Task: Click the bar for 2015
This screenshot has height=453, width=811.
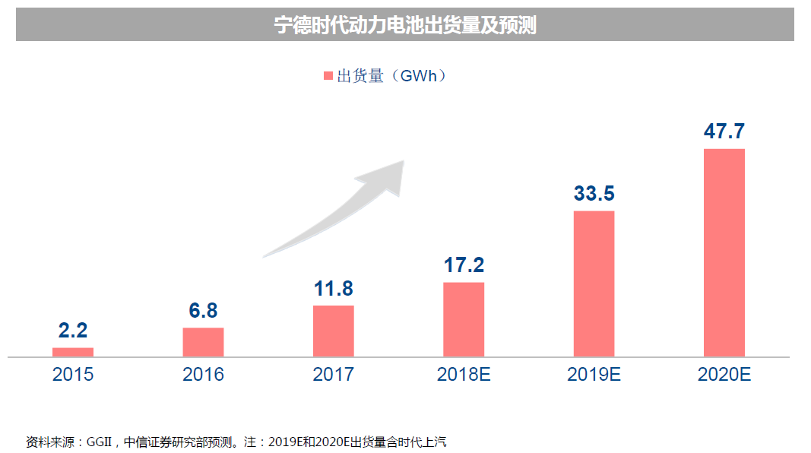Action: (x=73, y=352)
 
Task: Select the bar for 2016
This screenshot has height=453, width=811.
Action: (x=203, y=342)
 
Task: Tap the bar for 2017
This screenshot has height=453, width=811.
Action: (x=333, y=331)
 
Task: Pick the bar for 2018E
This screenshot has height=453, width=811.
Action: (x=464, y=319)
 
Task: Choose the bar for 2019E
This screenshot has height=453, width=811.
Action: (x=594, y=284)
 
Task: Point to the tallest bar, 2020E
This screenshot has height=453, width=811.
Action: (x=724, y=252)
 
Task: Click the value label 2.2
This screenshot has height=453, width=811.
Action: (x=73, y=331)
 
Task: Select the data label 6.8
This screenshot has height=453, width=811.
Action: (x=203, y=310)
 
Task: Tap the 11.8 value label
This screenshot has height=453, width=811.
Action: (x=333, y=289)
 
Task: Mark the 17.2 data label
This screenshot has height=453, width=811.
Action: (x=464, y=265)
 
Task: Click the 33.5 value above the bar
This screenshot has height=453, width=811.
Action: (x=594, y=194)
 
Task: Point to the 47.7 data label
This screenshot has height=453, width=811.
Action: (x=724, y=131)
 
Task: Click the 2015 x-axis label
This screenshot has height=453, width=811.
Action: (x=73, y=375)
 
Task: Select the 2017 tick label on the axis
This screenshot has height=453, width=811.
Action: (x=333, y=375)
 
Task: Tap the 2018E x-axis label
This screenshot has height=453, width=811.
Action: (x=464, y=375)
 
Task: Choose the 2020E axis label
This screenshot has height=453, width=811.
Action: (x=724, y=375)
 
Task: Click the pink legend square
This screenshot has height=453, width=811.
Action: (x=328, y=76)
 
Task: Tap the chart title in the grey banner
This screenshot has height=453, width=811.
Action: (x=405, y=26)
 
